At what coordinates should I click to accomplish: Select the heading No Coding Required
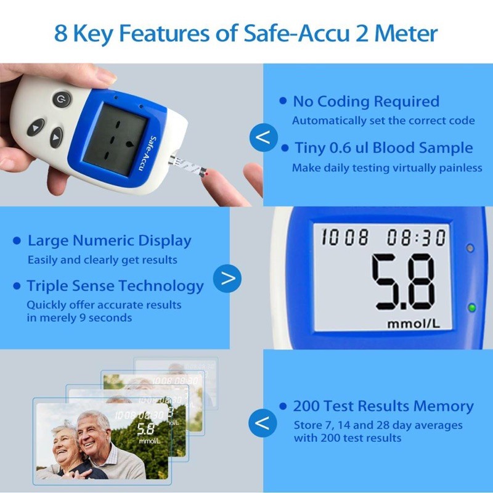coord(365,101)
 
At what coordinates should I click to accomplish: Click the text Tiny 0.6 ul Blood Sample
coord(383,148)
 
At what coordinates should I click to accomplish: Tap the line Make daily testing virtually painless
coord(386,168)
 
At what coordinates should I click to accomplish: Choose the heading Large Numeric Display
coord(109,241)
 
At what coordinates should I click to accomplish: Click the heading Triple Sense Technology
coord(115,286)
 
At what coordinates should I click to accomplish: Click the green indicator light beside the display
coord(472,308)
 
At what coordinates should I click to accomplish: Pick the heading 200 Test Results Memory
coord(383,407)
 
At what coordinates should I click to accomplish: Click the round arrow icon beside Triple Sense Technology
coord(227,279)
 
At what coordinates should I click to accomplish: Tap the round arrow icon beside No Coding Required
coord(263,137)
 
